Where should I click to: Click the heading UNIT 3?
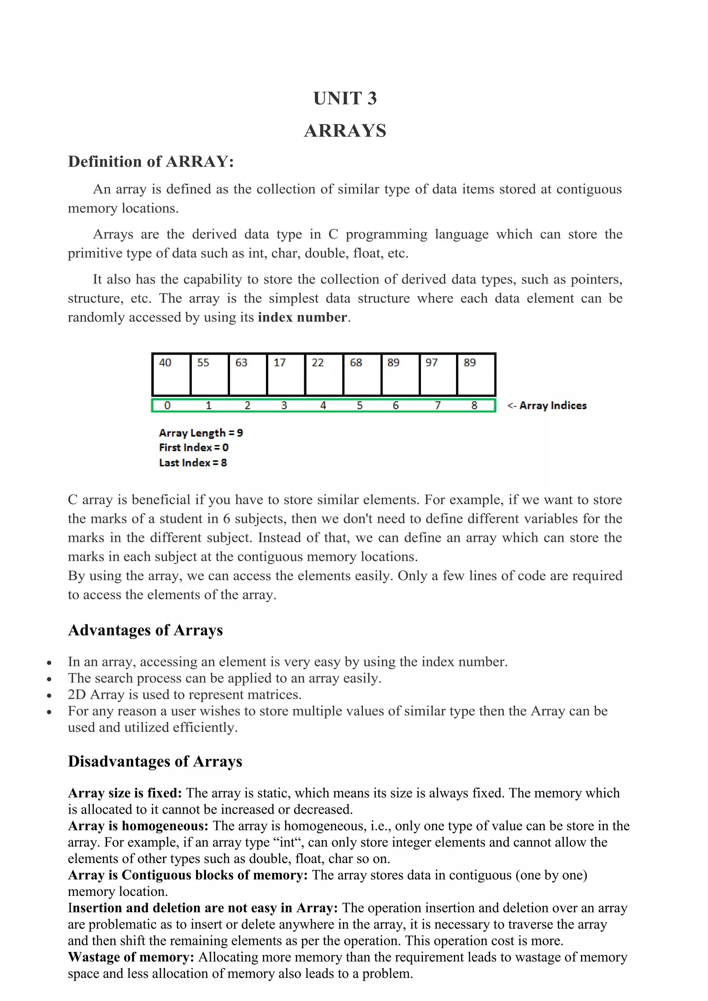345,99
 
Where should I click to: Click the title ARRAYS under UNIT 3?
345,131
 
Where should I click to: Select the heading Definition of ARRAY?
151,162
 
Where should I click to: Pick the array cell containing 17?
286,374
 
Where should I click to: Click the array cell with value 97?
438,374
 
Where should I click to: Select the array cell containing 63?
247,374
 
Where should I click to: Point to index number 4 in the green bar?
323,405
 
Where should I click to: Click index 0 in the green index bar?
167,405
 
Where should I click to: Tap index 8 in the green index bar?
474,405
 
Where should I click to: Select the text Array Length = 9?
201,433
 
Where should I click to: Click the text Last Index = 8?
193,462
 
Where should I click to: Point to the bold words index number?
302,317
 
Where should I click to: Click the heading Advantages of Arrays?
145,630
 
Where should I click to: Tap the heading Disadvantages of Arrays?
155,761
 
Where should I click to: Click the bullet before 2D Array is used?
49,695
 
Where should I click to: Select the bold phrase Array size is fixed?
125,793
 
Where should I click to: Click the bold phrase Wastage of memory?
131,957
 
